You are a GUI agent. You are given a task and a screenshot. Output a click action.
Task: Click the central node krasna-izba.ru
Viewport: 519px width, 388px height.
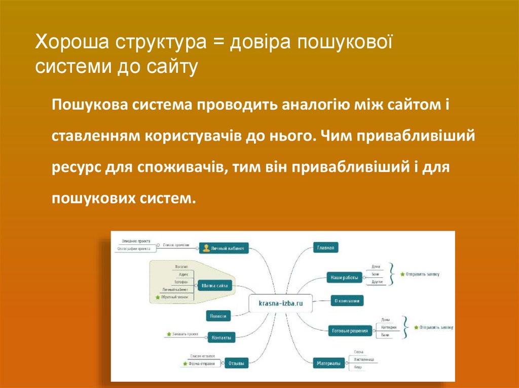pyautogui.click(x=280, y=304)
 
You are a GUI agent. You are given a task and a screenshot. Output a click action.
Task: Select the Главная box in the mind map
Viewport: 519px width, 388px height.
pyautogui.click(x=325, y=248)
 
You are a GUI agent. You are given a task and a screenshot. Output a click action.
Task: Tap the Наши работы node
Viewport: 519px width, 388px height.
pyautogui.click(x=344, y=277)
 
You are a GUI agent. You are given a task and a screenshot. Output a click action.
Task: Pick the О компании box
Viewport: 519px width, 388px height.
pyautogui.click(x=347, y=300)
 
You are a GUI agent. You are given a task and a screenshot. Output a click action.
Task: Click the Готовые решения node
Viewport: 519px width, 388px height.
pyautogui.click(x=349, y=331)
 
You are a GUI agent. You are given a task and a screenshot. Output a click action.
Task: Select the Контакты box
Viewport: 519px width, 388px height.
pyautogui.click(x=221, y=337)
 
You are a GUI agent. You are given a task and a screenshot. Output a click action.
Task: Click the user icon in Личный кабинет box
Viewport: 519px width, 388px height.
pyautogui.click(x=206, y=248)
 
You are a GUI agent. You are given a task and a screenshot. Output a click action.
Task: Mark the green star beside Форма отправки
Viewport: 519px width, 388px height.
pyautogui.click(x=185, y=364)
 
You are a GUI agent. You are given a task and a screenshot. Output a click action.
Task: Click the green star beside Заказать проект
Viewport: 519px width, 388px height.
pyautogui.click(x=168, y=334)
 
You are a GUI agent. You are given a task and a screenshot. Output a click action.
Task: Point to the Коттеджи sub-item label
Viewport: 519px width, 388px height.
pyautogui.click(x=386, y=327)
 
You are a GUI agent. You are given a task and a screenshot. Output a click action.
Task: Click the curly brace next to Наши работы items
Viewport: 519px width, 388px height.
pyautogui.click(x=392, y=274)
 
